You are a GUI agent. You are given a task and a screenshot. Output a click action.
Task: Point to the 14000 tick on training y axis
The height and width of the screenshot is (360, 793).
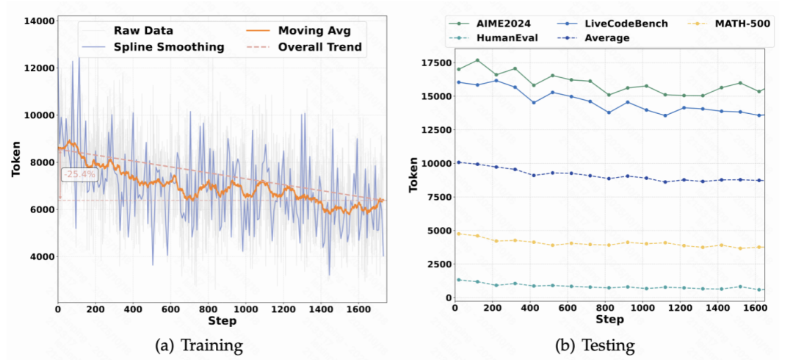tap(38, 21)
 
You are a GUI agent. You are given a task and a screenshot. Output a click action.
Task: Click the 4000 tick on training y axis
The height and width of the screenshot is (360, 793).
tap(41, 256)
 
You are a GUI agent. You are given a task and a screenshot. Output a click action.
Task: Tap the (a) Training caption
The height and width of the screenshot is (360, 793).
tap(200, 344)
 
